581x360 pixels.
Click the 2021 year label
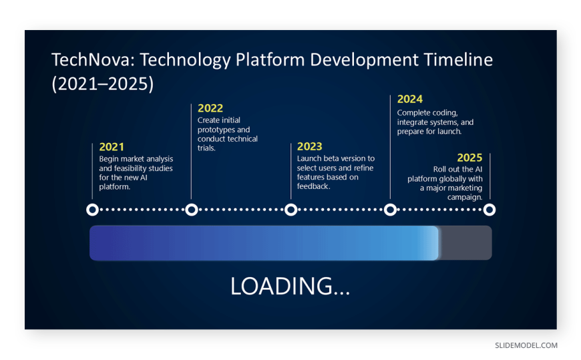click(x=112, y=147)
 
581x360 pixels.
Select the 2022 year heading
click(x=210, y=108)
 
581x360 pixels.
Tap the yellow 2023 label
click(x=309, y=146)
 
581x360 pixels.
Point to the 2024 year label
click(x=410, y=99)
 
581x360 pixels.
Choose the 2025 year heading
click(x=469, y=158)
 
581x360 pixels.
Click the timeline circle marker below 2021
click(x=92, y=210)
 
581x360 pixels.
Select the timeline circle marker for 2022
click(x=192, y=210)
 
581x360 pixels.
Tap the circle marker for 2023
click(x=291, y=210)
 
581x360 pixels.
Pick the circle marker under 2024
click(x=390, y=210)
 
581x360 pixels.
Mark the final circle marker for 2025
click(x=489, y=210)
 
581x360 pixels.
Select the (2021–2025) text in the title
click(x=103, y=83)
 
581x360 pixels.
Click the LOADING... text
click(x=290, y=287)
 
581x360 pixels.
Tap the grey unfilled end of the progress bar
click(x=465, y=243)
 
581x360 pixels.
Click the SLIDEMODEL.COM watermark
click(x=526, y=345)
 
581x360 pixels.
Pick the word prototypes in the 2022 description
click(x=215, y=130)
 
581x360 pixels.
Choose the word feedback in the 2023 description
click(x=313, y=186)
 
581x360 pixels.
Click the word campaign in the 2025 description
click(x=465, y=197)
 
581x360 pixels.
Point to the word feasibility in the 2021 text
click(x=134, y=168)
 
